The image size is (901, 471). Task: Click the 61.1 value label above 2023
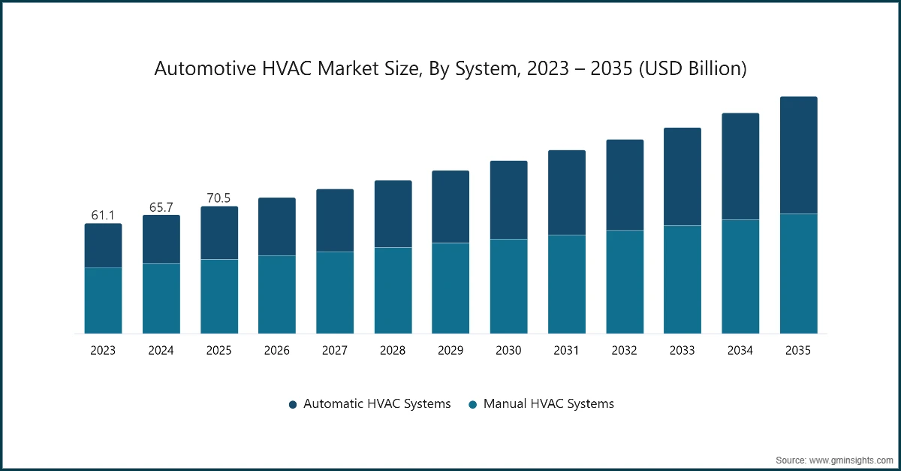coord(103,216)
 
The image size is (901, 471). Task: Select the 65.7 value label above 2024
coord(161,207)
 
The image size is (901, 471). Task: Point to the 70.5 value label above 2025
coord(218,198)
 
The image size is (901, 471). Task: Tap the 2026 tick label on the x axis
coord(277,351)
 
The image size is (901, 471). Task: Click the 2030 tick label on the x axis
coord(508,351)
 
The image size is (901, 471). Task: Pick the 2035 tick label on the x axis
coord(798,351)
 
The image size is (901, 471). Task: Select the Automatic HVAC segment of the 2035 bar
coord(798,155)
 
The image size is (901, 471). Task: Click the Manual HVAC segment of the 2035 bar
coord(798,273)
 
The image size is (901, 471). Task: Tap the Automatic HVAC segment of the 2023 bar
coord(103,246)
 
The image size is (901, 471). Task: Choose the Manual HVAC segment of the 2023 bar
coord(103,300)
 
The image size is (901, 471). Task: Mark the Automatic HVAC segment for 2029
coord(450,207)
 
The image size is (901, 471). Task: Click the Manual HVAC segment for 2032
coord(625,282)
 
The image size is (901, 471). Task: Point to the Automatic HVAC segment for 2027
coord(335,220)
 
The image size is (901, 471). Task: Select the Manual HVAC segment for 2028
coord(393,290)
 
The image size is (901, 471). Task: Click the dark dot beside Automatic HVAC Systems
coord(293,405)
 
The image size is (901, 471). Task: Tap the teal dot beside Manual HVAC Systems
coord(472,405)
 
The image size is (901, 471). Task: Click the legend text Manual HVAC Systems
coord(548,404)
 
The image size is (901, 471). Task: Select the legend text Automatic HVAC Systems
coord(377,404)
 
